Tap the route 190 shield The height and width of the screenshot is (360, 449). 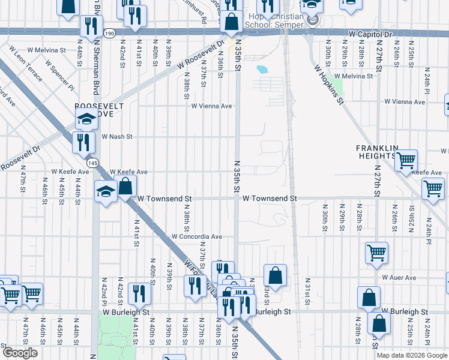109,34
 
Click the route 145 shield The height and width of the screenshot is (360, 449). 92,163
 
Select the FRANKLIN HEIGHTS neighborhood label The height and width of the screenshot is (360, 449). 377,152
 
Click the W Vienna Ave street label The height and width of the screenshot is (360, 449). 211,106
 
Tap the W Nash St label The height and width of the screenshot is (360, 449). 116,137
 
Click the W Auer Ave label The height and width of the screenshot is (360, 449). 399,278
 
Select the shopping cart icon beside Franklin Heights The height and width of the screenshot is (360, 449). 406,160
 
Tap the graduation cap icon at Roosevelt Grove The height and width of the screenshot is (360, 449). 86,120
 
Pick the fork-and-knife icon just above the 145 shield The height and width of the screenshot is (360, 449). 83,142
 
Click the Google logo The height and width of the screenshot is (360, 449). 20,353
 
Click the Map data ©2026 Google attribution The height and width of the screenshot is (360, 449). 412,355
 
